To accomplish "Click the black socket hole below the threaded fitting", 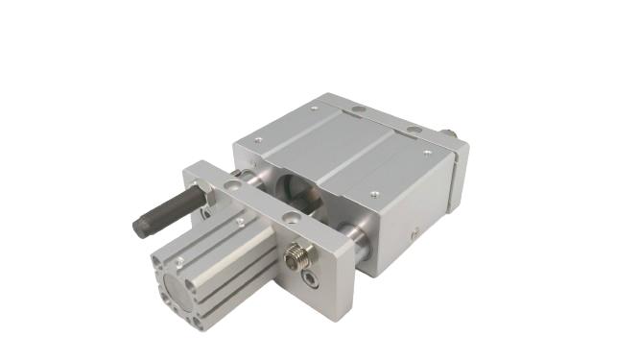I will (309, 279).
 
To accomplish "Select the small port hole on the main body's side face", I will (414, 232).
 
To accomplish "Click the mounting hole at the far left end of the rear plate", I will (357, 109).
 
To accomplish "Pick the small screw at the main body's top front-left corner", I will (257, 141).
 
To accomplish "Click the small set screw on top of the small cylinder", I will (239, 223).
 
